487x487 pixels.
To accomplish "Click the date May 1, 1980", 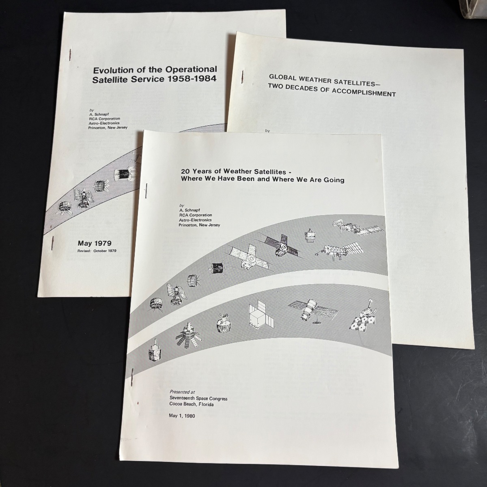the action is pos(182,416).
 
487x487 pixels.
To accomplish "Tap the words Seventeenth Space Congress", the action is pos(198,399).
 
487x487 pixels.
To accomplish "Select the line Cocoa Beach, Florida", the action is pos(191,404).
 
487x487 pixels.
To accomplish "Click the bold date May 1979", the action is pos(95,243).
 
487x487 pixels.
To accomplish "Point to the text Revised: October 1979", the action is pos(97,251).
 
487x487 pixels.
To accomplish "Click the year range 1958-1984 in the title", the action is pos(192,79).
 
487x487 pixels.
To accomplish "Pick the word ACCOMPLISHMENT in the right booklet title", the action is pos(364,93).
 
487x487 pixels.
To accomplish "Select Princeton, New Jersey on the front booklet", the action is pos(199,225).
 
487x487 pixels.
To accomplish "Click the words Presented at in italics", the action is pos(182,392).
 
